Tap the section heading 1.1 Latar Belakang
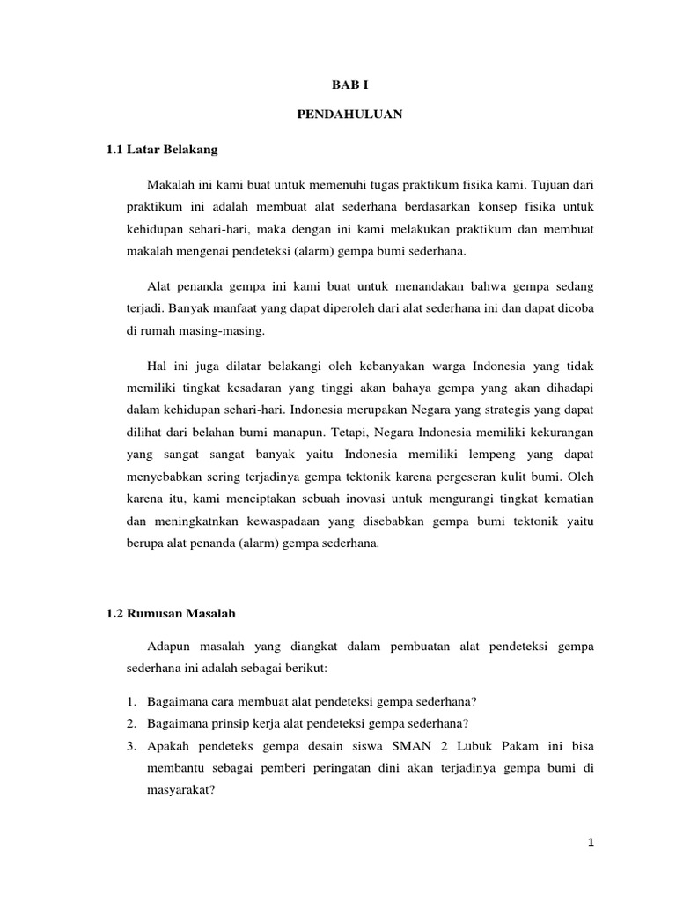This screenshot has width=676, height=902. [x=161, y=152]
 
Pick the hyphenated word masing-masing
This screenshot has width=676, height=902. [x=225, y=333]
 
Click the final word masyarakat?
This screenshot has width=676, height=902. [x=180, y=791]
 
